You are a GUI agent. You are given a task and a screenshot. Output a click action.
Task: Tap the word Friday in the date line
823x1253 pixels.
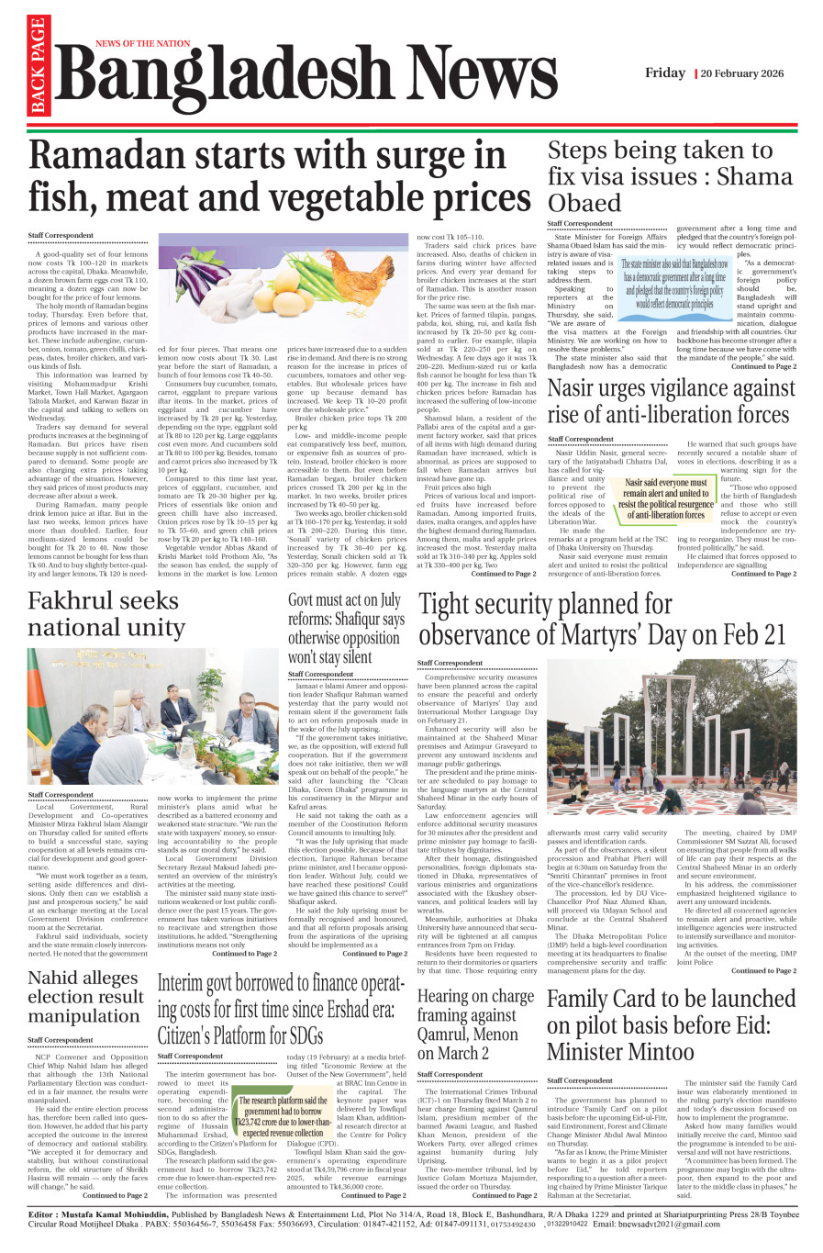[664, 73]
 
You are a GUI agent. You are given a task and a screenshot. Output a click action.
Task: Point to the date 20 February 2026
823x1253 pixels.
[741, 73]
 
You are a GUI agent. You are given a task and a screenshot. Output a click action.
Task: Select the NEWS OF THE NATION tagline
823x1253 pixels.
[142, 43]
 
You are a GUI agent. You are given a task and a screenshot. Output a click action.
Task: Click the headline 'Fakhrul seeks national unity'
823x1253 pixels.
[106, 614]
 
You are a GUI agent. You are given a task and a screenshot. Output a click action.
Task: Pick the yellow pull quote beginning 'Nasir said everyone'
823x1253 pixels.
[665, 498]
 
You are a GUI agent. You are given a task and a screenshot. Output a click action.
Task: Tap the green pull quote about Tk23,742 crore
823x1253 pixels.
[284, 1116]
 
